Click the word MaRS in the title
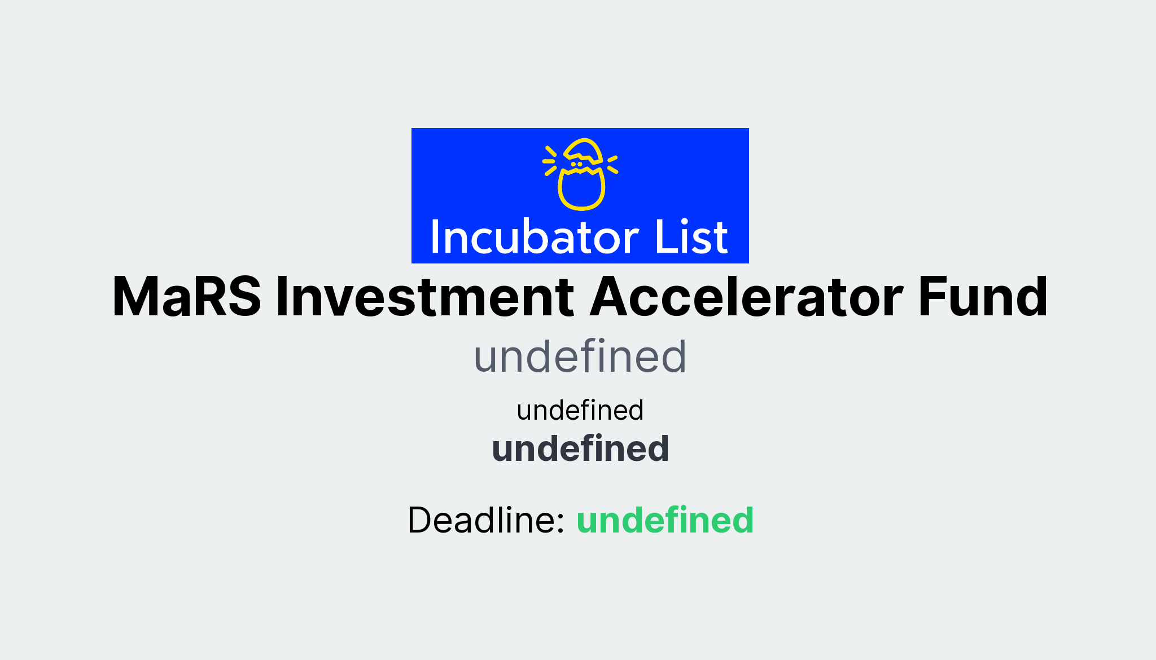tap(187, 297)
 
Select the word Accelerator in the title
tap(746, 297)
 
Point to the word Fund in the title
tap(983, 297)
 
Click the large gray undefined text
tap(580, 357)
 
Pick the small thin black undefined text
tap(580, 410)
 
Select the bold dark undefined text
tap(580, 448)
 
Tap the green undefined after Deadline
tap(665, 520)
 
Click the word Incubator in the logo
tap(534, 237)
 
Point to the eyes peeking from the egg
tap(576, 164)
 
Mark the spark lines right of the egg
tap(612, 164)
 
